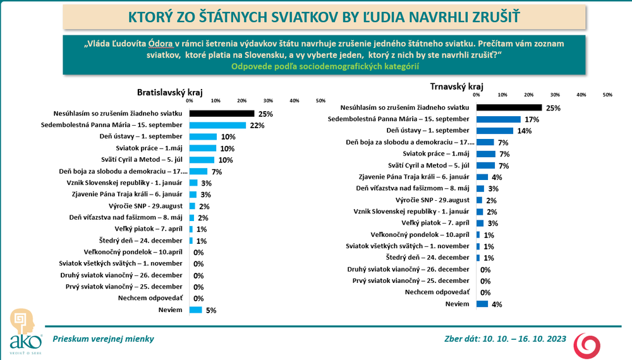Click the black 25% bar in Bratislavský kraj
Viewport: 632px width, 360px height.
tap(222, 114)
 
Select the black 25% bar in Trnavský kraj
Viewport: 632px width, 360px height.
tap(509, 108)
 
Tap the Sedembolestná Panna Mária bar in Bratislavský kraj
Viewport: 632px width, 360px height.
tap(218, 125)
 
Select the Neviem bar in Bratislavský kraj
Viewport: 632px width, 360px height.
tap(196, 310)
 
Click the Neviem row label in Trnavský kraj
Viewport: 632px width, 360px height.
tap(458, 304)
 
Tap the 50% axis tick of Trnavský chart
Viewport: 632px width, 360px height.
tap(607, 95)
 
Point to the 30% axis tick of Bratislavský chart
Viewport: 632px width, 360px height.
tap(268, 100)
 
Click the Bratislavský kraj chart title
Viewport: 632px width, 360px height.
tap(166, 92)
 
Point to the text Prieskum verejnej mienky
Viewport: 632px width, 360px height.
tap(103, 339)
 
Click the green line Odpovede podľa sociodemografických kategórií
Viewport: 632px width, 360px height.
tap(325, 66)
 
